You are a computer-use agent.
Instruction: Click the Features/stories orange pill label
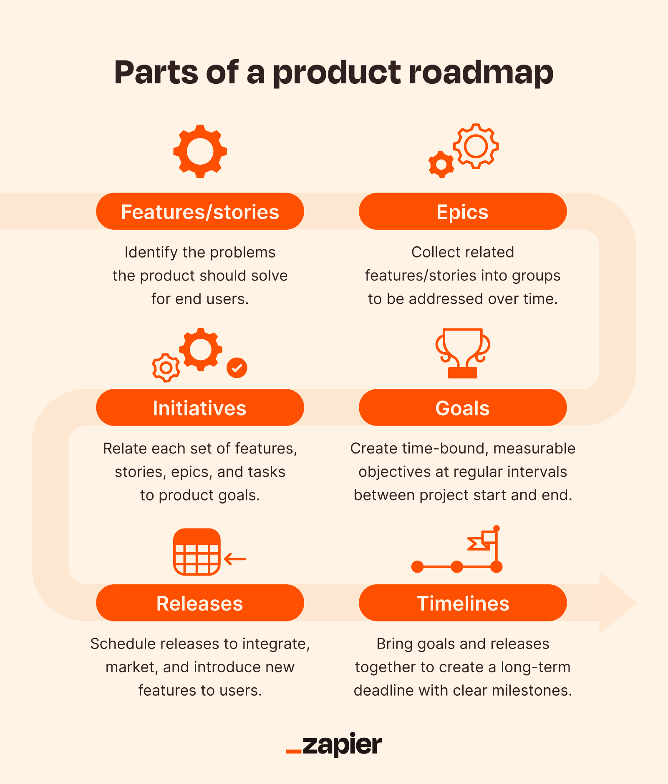200,211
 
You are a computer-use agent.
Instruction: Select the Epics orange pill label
462,211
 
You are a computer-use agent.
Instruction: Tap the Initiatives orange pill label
200,408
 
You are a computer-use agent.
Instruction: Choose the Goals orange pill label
462,408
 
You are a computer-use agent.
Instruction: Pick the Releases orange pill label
200,603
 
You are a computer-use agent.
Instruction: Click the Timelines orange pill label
462,603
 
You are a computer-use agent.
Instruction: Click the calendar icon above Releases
197,552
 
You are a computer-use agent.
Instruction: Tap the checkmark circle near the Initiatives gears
237,368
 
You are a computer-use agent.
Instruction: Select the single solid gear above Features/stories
200,151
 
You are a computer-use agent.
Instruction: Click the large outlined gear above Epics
476,146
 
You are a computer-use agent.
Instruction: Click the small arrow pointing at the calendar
235,559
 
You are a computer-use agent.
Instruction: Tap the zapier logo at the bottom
334,744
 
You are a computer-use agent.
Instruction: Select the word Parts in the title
156,73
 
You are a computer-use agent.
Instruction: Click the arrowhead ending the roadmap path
618,603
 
